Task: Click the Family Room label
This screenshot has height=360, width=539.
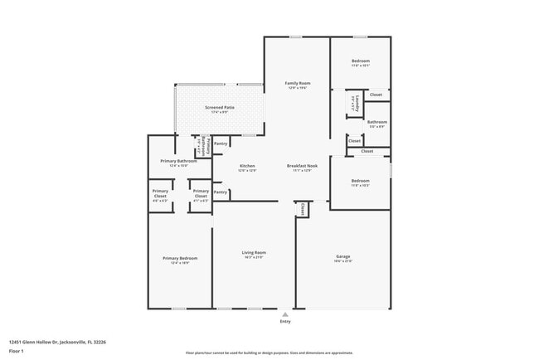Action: click(297, 83)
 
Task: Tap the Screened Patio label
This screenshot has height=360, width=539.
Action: click(219, 107)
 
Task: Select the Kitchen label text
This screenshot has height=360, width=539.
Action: click(247, 166)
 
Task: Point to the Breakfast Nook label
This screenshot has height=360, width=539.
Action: click(299, 166)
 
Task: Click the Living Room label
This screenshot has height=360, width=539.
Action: click(254, 252)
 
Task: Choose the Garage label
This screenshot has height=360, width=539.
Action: click(343, 256)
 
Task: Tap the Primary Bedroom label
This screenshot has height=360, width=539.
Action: click(180, 258)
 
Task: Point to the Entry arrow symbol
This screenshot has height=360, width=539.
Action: click(284, 315)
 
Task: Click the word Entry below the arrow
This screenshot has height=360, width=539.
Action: click(284, 324)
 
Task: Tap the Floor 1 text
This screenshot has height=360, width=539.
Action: click(17, 351)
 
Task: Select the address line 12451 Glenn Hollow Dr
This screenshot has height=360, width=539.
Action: click(57, 342)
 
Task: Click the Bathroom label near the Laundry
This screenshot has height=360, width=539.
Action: click(377, 121)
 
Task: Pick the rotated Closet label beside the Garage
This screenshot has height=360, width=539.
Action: click(303, 209)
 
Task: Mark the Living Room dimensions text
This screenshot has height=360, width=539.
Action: click(254, 257)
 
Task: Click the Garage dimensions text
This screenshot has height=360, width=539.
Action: click(343, 261)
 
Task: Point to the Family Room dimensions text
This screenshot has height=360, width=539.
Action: click(297, 88)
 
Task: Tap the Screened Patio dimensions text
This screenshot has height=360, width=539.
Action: click(219, 112)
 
